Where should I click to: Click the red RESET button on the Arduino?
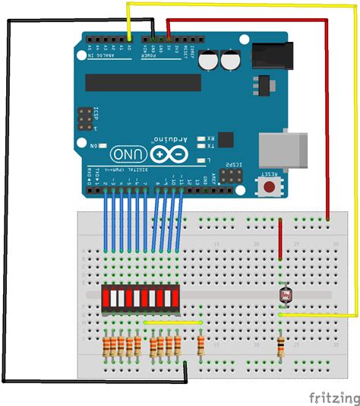click(269, 186)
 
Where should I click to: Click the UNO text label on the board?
click(130, 153)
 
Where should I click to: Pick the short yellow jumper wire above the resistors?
click(173, 322)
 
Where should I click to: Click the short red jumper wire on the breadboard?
click(280, 240)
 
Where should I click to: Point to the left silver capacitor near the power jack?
click(210, 60)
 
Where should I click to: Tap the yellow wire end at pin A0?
click(129, 38)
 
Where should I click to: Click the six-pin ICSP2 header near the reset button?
click(229, 176)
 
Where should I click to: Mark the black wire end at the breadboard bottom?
click(185, 366)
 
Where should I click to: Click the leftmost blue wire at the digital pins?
click(106, 220)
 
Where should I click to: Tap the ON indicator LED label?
click(94, 144)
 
